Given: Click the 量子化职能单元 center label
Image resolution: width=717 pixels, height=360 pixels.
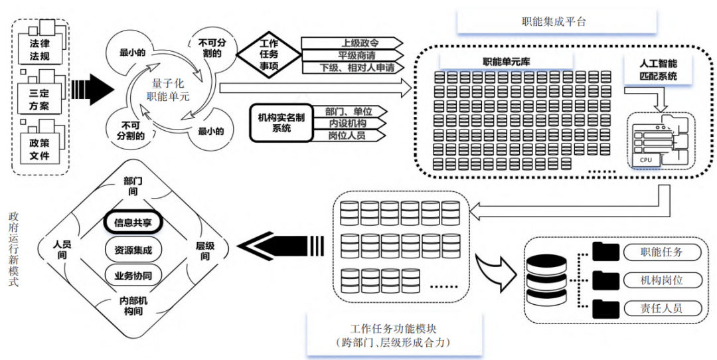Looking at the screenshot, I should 168,90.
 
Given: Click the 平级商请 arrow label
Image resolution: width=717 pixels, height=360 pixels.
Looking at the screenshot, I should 353,55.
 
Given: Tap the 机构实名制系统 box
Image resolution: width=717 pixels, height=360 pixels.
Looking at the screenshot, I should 281,123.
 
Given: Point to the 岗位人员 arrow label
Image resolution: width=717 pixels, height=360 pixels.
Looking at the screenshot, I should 347,135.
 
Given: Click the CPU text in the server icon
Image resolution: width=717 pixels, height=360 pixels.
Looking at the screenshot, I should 645,160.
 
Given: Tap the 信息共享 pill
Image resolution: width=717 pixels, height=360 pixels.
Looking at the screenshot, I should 133,222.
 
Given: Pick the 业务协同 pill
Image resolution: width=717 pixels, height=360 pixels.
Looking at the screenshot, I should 133,275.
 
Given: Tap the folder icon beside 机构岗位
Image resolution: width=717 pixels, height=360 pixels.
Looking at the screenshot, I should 605,280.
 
